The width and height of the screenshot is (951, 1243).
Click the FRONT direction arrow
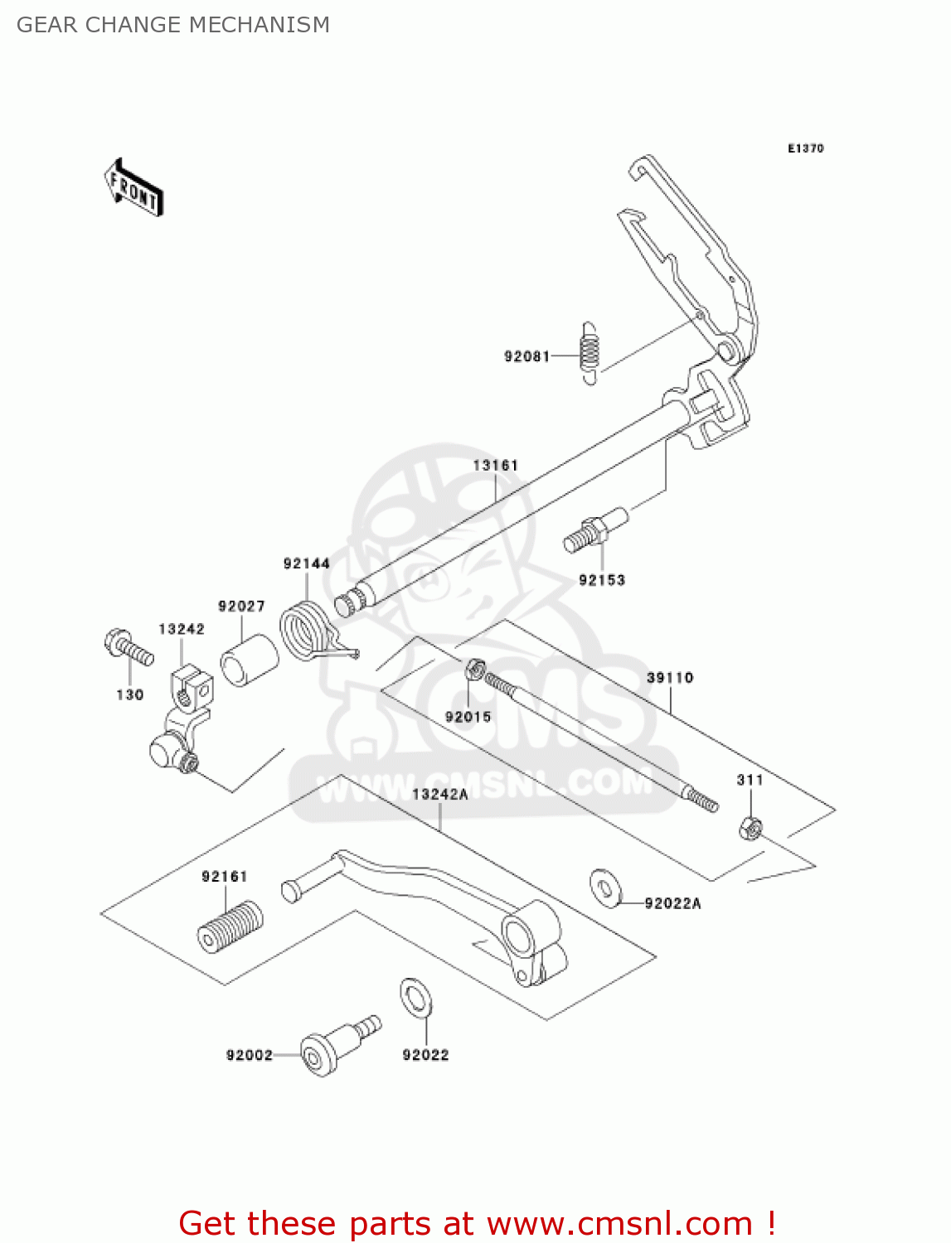133,188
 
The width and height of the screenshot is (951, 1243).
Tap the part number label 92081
526,356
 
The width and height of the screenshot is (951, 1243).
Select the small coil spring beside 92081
589,353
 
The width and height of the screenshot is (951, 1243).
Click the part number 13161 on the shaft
495,466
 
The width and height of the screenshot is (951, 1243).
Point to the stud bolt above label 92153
595,530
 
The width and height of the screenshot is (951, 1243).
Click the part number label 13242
182,629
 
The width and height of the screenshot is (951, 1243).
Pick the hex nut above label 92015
475,669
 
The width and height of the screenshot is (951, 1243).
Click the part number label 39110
669,678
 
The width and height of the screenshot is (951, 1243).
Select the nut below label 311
750,827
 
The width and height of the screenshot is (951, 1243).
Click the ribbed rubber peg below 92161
230,925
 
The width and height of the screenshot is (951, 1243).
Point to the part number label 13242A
439,795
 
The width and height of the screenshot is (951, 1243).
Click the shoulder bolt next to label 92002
332,1047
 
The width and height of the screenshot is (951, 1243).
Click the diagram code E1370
805,148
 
